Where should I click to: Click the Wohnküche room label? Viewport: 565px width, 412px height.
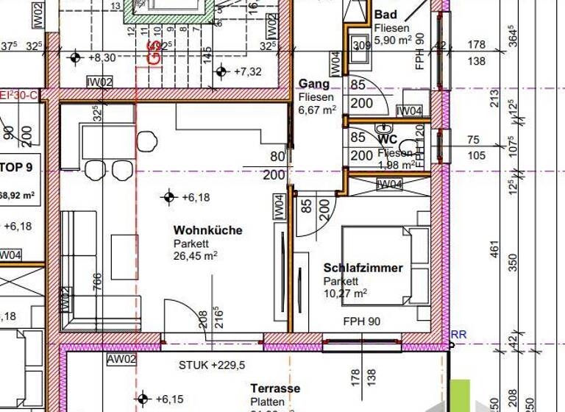pos(207,230)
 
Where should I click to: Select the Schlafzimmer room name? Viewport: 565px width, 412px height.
pos(363,269)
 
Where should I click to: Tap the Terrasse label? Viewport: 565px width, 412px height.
pos(274,388)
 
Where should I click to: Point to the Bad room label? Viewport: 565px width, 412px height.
pos(385,15)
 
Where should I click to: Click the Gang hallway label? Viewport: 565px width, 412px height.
pos(314,85)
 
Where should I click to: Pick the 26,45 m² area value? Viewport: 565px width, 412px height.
pos(195,255)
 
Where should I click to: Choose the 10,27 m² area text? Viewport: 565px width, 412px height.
pos(345,293)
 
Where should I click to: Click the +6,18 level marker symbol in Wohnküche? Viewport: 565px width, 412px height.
pos(168,196)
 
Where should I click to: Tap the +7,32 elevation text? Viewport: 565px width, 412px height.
pos(248,71)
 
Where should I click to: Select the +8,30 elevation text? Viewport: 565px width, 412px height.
pos(102,57)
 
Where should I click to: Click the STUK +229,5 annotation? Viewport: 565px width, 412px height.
pos(212,365)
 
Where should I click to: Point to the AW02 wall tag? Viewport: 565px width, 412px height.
pos(122,359)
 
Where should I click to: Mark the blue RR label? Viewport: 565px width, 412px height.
pos(458,335)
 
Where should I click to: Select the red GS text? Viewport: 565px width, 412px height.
pos(154,52)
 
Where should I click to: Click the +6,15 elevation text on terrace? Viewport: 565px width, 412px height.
pos(170,399)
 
